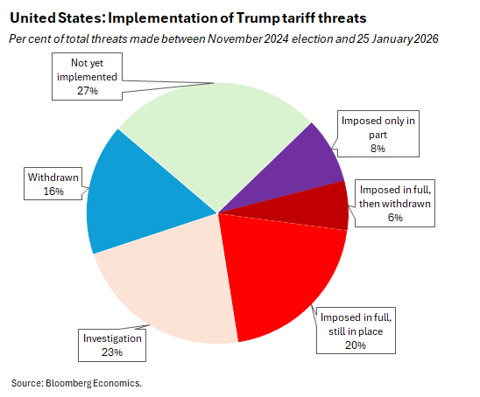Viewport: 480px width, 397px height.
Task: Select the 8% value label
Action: (x=378, y=149)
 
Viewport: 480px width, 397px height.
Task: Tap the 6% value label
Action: (x=395, y=218)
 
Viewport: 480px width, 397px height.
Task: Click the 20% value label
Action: (x=355, y=345)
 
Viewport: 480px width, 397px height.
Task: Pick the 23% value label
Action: (x=112, y=352)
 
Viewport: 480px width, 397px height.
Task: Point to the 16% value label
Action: (x=53, y=191)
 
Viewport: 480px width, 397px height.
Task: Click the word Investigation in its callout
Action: (x=112, y=338)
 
